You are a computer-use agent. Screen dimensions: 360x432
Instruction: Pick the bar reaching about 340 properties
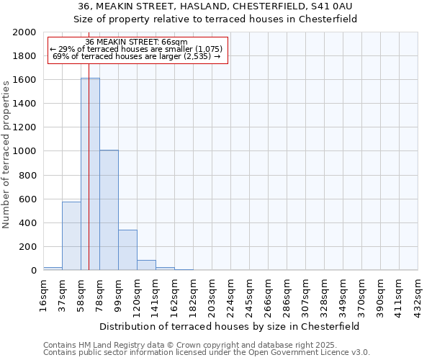(x=127, y=250)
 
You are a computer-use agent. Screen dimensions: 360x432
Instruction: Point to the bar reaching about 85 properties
(x=146, y=265)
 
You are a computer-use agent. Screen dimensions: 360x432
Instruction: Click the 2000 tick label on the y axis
(x=24, y=32)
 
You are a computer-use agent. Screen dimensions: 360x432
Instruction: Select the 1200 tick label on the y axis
(x=24, y=127)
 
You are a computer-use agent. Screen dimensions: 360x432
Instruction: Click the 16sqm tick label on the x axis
(x=43, y=295)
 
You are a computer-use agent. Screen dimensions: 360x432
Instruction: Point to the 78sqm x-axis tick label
(x=99, y=295)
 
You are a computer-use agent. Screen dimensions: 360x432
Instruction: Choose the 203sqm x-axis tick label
(x=212, y=296)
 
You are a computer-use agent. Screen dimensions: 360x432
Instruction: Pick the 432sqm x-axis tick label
(x=418, y=296)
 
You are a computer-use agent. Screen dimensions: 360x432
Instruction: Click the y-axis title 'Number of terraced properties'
(x=7, y=152)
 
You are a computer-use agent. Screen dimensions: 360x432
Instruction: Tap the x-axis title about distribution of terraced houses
(x=230, y=326)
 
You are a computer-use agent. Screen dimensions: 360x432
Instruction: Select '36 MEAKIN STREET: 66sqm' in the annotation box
(x=137, y=42)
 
